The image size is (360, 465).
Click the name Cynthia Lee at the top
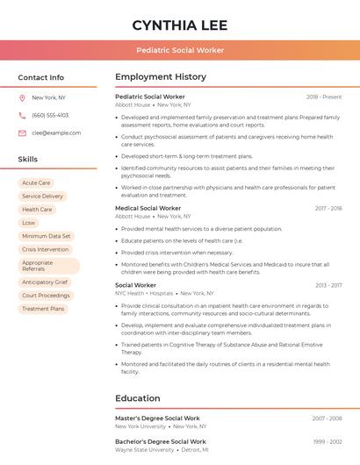tap(179, 25)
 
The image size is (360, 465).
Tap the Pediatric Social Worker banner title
tap(180, 50)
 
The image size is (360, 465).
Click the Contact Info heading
tap(40, 77)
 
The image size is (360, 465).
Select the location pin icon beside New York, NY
tap(22, 97)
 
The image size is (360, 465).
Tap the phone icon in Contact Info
tap(22, 115)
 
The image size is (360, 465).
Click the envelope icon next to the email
tap(22, 132)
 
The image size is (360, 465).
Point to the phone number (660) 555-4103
tap(50, 115)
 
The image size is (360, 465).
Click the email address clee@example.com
tap(56, 132)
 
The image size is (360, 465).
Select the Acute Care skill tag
tap(36, 182)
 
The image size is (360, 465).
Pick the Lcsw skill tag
tap(29, 223)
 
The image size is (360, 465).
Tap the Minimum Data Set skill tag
tap(47, 236)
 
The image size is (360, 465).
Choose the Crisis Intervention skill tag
tap(45, 249)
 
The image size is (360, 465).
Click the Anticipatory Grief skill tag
tap(45, 283)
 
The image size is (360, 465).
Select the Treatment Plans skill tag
tap(43, 309)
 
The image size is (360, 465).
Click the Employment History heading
tap(161, 77)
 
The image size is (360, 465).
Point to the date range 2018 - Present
tap(324, 97)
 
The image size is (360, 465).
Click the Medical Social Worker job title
tap(148, 208)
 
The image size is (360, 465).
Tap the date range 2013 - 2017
tap(328, 285)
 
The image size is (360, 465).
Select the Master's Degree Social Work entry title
tap(157, 418)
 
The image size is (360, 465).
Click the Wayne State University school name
tap(144, 449)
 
